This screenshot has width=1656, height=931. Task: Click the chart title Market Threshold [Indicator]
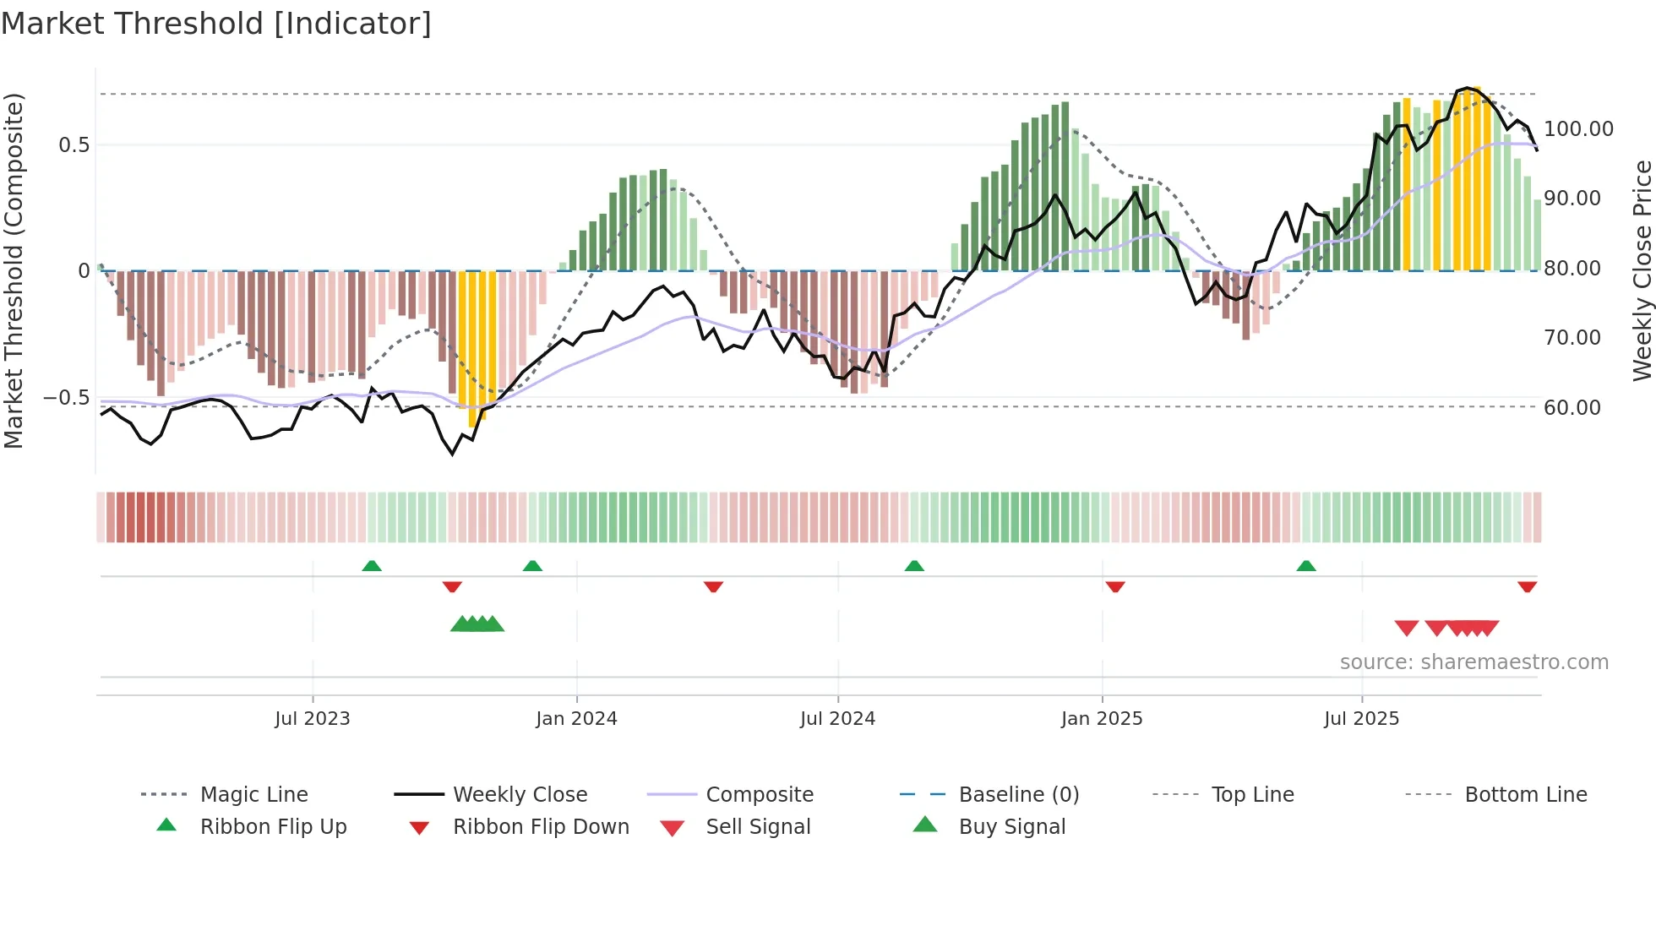(216, 24)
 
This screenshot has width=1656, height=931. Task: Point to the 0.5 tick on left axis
(74, 144)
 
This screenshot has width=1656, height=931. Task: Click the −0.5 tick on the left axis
(67, 398)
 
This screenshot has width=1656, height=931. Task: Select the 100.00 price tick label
(1578, 129)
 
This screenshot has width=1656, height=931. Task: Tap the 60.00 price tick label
(1572, 408)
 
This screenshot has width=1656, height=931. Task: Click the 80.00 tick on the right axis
(1572, 269)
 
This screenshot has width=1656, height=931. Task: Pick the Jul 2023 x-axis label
(312, 719)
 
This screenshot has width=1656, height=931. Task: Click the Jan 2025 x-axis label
(1102, 719)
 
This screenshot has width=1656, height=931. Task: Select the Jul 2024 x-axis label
(837, 719)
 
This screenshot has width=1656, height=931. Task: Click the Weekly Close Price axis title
(1642, 270)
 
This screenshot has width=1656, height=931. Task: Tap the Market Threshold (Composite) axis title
(14, 270)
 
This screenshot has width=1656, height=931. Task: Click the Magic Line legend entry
(253, 795)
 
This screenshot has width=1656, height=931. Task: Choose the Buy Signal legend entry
(1011, 827)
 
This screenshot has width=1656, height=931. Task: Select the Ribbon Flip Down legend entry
(541, 827)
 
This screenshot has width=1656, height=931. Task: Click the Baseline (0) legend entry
(1018, 795)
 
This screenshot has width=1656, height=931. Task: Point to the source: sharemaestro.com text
(1474, 662)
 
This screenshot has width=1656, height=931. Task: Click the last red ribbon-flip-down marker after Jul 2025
(1527, 586)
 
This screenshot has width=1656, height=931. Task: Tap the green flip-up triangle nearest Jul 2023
(372, 566)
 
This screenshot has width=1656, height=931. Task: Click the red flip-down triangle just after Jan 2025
(1115, 586)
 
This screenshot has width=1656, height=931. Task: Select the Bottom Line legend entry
(1525, 795)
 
